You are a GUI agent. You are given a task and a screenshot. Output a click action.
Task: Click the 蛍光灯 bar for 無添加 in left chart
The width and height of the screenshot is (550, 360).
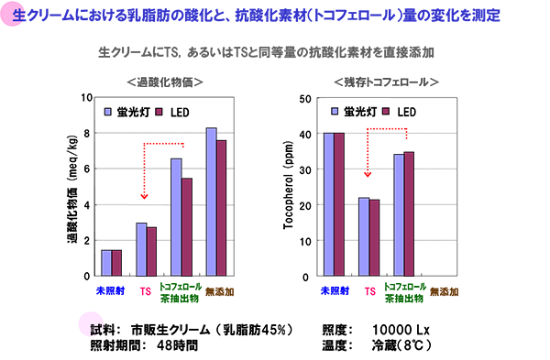(212, 202)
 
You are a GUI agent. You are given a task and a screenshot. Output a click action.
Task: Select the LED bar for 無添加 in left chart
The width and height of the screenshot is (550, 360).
(222, 208)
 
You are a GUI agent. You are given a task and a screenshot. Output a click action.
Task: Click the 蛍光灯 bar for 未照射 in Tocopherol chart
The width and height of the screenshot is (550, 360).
(328, 204)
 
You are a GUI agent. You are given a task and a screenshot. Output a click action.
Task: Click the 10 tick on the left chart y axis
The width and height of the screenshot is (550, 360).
(86, 97)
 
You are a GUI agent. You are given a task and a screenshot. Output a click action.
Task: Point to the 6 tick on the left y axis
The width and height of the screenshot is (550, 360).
(86, 169)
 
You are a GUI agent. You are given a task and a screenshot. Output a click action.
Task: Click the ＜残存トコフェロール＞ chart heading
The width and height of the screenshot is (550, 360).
(386, 82)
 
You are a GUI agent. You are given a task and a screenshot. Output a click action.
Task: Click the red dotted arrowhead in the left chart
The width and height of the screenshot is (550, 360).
(144, 194)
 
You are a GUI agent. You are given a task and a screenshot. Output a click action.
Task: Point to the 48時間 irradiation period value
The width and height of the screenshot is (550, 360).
(178, 345)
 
